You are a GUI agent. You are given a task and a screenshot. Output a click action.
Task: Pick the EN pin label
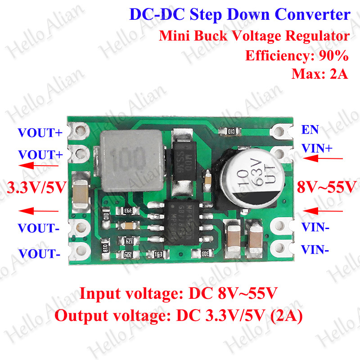coord(310,130)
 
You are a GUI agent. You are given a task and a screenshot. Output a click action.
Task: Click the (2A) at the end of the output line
coord(286,315)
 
